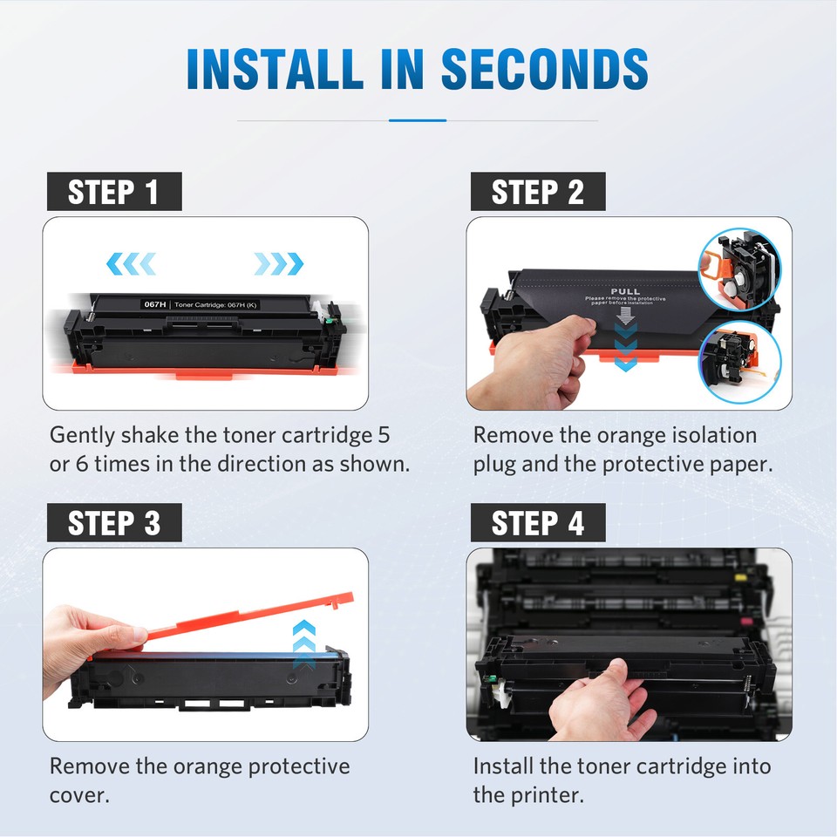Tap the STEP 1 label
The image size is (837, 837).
click(113, 192)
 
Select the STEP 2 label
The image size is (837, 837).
click(537, 192)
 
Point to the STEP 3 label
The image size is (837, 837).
click(113, 523)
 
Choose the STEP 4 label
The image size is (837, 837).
click(537, 523)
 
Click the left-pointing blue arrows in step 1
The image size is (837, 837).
click(130, 262)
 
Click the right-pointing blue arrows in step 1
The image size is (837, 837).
click(278, 262)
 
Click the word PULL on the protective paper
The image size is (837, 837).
click(624, 291)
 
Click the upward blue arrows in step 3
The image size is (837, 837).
click(303, 643)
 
